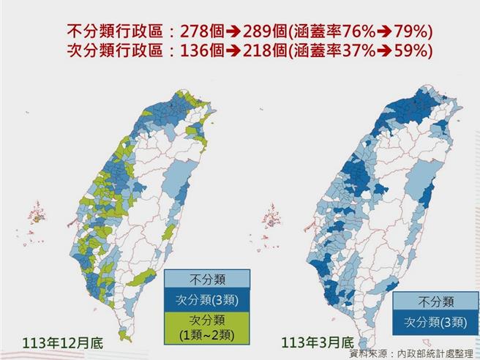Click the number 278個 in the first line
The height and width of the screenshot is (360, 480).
point(192,31)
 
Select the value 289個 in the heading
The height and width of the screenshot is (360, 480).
point(260,31)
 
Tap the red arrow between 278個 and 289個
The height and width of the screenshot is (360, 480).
point(226,31)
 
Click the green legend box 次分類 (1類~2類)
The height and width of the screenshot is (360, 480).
point(207,327)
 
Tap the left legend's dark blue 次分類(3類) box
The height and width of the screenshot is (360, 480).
point(207,300)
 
